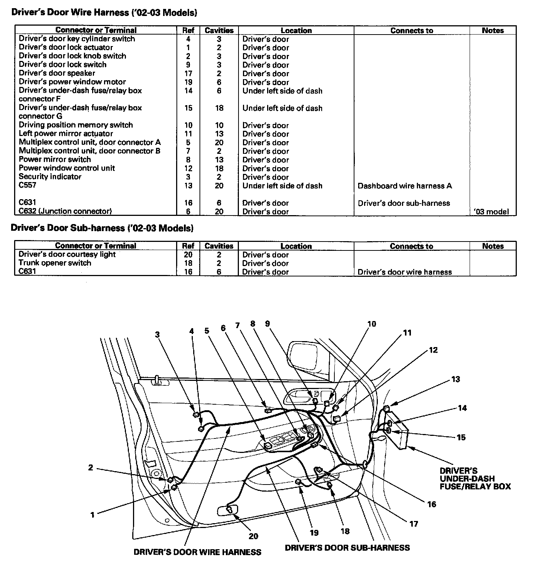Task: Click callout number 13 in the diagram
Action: (455, 379)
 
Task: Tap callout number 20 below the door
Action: (253, 536)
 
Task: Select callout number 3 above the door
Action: (158, 334)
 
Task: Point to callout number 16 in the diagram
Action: (431, 504)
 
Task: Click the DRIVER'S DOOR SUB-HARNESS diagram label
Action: (347, 548)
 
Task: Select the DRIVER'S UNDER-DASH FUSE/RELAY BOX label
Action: (475, 479)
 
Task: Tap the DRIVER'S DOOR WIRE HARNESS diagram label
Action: (197, 552)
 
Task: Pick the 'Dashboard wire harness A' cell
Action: (405, 186)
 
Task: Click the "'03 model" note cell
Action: (492, 212)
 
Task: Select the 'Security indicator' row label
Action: (50, 177)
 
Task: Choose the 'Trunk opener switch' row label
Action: (55, 263)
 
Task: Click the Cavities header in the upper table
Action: (219, 30)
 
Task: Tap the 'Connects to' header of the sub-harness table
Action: (411, 246)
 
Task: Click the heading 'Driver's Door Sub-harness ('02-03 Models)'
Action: (102, 228)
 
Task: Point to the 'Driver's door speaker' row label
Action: (57, 73)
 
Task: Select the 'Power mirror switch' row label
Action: (55, 159)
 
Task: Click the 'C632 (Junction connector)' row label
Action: (65, 211)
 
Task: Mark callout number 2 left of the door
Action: (91, 467)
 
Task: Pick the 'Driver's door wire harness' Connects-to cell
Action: (405, 272)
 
